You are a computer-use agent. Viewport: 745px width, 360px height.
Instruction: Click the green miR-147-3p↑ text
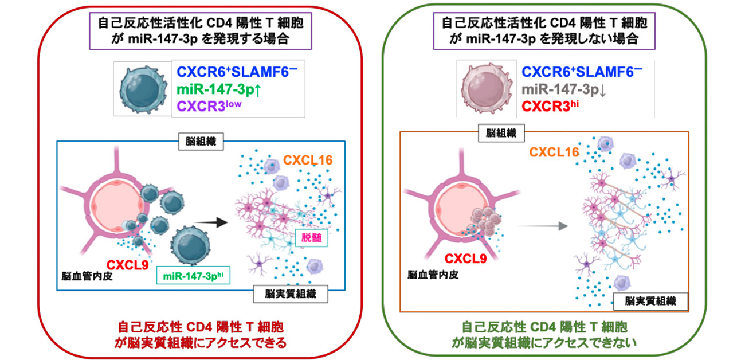click(x=216, y=89)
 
